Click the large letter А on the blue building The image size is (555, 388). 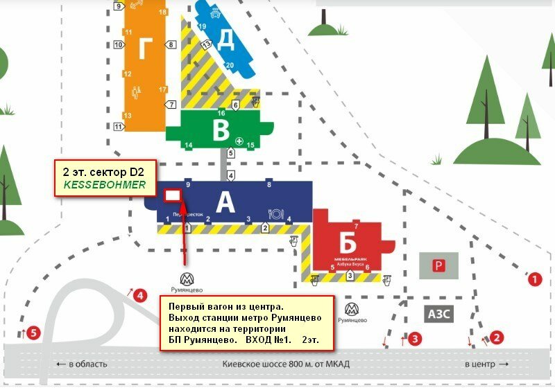(x=226, y=202)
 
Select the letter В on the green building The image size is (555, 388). (x=221, y=129)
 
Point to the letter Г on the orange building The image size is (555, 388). (x=145, y=49)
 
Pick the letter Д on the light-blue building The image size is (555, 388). (x=226, y=40)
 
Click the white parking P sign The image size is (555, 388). (x=438, y=265)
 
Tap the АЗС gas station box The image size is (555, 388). (x=438, y=314)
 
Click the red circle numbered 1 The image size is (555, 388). (x=534, y=280)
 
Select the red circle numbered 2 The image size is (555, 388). (x=496, y=337)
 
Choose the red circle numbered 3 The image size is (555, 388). (x=414, y=339)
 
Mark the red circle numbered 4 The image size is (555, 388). (x=141, y=296)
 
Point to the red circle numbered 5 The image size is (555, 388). (x=33, y=333)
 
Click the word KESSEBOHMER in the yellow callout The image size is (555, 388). (x=105, y=185)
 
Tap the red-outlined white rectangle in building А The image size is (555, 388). (x=171, y=195)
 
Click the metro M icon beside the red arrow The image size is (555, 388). (x=186, y=279)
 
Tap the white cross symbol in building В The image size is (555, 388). (x=239, y=141)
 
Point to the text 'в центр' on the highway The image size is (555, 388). (x=486, y=364)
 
